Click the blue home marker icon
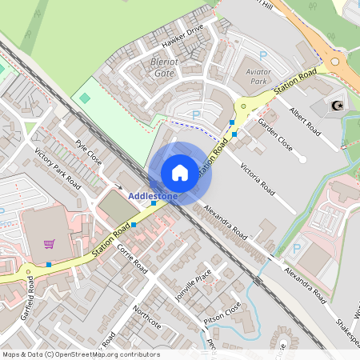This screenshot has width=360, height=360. pos(180,173)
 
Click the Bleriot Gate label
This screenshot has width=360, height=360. pos(162,67)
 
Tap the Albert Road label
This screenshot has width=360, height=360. pos(305,121)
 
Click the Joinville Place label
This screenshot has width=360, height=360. pos(196,284)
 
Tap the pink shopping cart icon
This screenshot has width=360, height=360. pos(50,244)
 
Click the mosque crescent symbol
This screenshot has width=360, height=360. pos(337,104)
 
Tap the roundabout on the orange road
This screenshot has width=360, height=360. pos(335,60)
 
